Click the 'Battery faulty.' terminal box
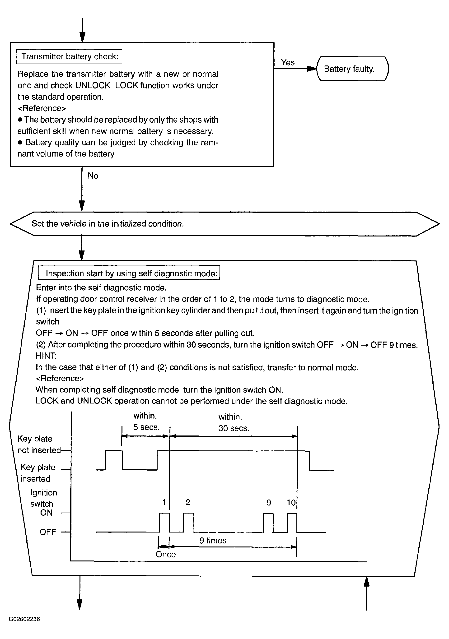pyautogui.click(x=352, y=69)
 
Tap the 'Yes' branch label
pyautogui.click(x=288, y=62)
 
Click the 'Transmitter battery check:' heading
pyautogui.click(x=69, y=56)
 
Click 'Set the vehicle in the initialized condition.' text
pyautogui.click(x=108, y=223)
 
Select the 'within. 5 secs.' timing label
pyautogui.click(x=146, y=421)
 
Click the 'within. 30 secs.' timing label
pyautogui.click(x=234, y=422)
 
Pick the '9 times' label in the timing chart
pyautogui.click(x=213, y=541)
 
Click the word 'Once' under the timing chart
pyautogui.click(x=166, y=554)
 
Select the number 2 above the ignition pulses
pyautogui.click(x=188, y=502)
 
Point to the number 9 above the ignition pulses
pyautogui.click(x=269, y=502)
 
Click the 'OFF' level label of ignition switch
pyautogui.click(x=48, y=532)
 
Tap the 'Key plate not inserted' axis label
pyautogui.click(x=39, y=445)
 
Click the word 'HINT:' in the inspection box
pyautogui.click(x=46, y=356)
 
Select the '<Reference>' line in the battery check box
pyautogui.click(x=42, y=108)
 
